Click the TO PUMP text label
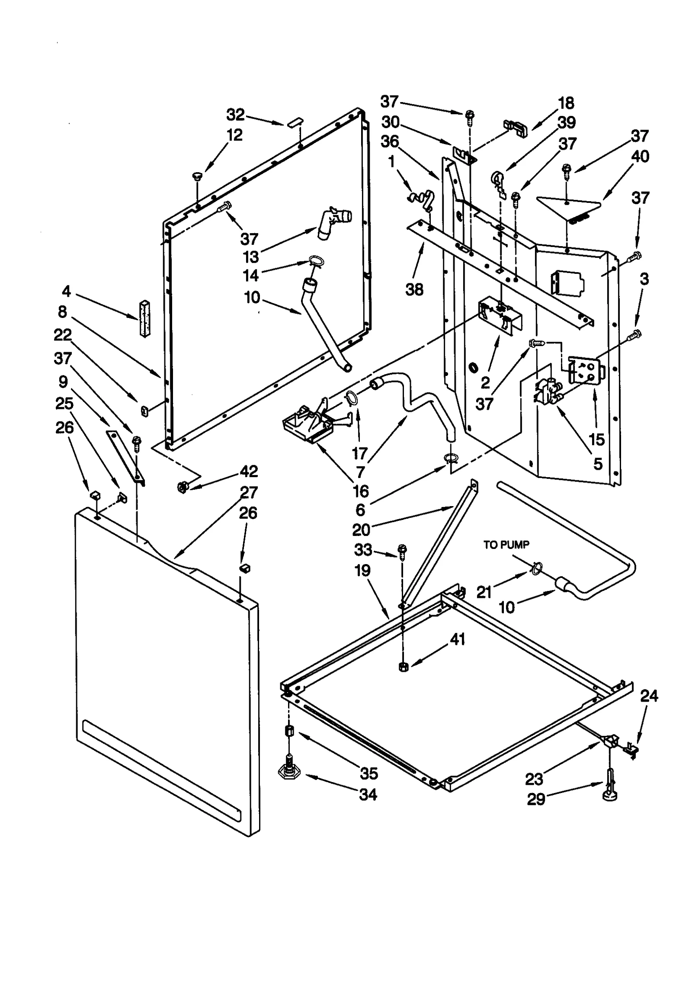point(506,545)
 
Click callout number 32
point(236,115)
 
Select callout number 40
point(640,156)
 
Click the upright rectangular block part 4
point(144,318)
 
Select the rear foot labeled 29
point(610,790)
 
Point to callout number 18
point(566,103)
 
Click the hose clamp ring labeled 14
point(317,261)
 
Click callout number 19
point(362,570)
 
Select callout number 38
point(414,289)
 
